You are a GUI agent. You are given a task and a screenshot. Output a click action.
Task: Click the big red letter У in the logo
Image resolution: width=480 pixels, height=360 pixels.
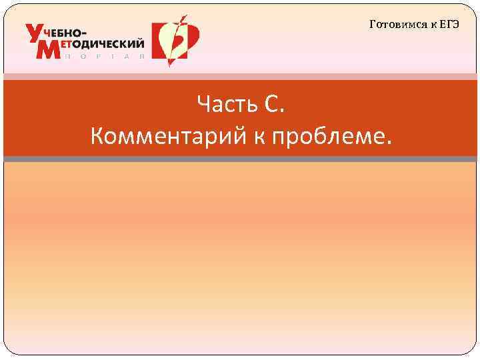35,33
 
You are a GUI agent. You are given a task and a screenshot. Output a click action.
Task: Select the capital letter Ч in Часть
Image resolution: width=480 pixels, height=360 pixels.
203,104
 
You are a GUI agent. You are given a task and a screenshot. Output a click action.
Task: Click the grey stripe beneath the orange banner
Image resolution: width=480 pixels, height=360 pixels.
240,159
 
